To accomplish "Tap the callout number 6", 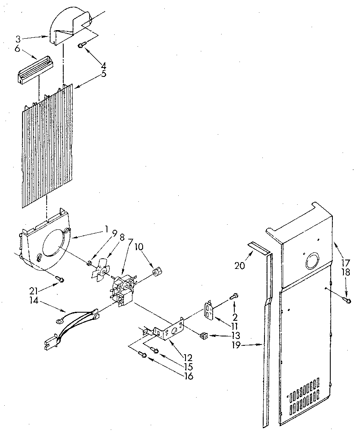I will point(17,49).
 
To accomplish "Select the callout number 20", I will point(240,266).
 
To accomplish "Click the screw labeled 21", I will point(61,279).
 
